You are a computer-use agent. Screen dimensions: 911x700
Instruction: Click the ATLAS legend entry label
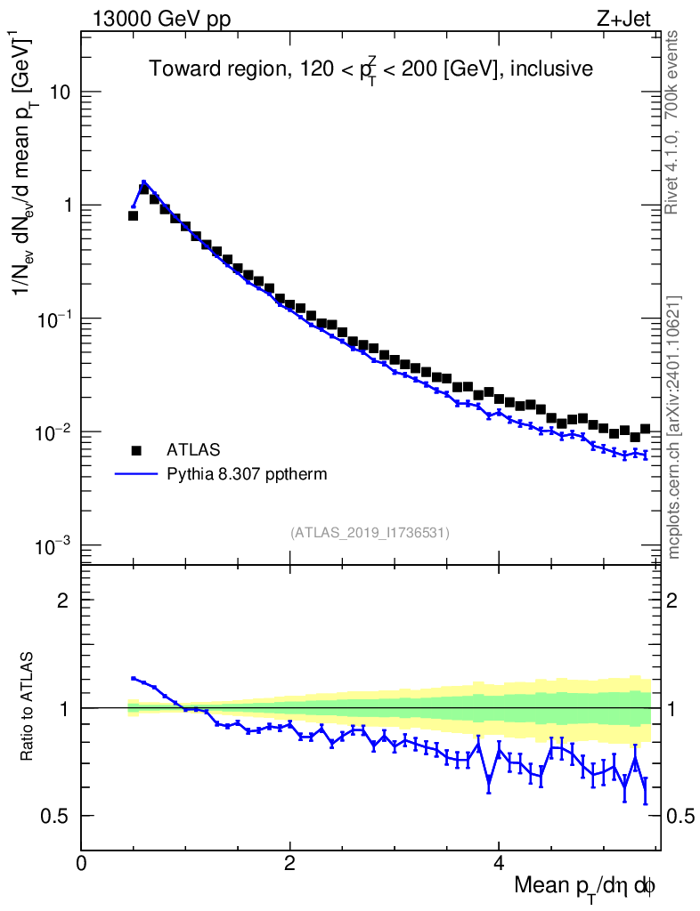(x=194, y=449)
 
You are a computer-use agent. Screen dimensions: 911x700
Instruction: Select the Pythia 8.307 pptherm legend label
(x=247, y=474)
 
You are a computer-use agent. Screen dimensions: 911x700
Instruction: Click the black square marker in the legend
(x=137, y=449)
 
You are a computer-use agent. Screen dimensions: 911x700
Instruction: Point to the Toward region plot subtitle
(x=370, y=69)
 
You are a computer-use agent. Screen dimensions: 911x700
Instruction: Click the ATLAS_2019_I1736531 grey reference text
(x=370, y=533)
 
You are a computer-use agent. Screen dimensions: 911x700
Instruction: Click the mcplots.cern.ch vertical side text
(x=674, y=427)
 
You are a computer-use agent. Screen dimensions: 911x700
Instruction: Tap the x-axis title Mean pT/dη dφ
(x=585, y=886)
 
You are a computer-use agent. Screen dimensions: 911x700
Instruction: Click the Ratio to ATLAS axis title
(x=28, y=708)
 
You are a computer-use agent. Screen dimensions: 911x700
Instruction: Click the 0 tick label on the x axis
(x=81, y=864)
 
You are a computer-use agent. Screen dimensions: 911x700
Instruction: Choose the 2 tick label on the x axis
(x=289, y=864)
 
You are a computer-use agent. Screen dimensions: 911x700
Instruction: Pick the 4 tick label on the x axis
(x=499, y=864)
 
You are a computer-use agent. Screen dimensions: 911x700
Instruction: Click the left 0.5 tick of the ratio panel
(x=58, y=816)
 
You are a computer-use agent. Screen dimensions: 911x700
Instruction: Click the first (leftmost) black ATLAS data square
(x=134, y=215)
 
